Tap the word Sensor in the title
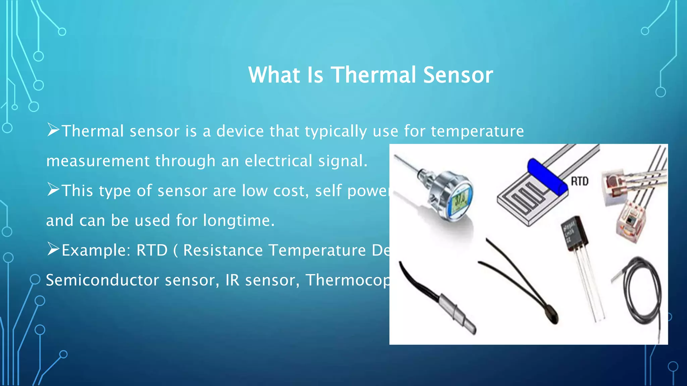(458, 75)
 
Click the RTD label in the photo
(579, 181)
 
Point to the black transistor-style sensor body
(575, 233)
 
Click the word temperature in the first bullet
(477, 131)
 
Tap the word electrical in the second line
(278, 161)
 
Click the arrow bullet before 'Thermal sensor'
(53, 130)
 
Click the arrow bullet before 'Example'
(53, 249)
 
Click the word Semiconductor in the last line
(102, 280)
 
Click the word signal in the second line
(342, 161)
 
